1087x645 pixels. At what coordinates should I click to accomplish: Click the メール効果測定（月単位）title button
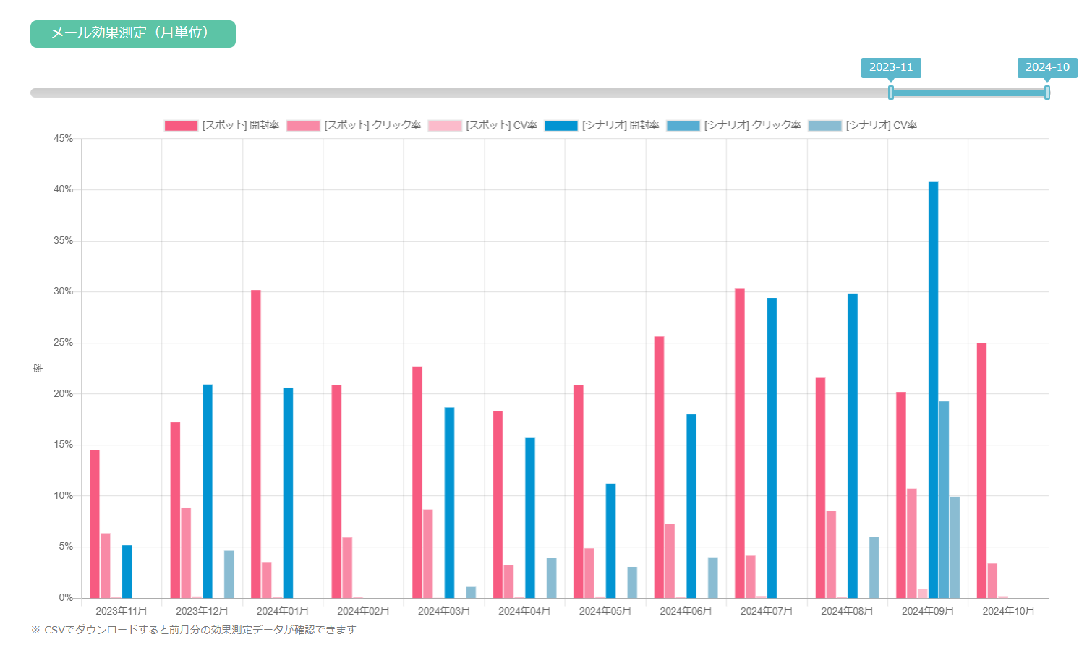coord(132,34)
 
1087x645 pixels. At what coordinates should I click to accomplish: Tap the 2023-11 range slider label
coord(891,67)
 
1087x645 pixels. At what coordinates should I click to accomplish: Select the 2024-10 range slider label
coord(1046,67)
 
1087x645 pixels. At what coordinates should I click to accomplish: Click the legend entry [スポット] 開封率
coord(221,126)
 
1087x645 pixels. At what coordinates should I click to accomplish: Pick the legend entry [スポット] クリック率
coord(354,126)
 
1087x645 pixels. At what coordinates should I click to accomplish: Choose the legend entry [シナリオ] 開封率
coord(602,126)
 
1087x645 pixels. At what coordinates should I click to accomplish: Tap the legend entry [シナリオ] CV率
coord(862,126)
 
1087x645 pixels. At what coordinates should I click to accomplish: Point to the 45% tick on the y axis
coord(64,138)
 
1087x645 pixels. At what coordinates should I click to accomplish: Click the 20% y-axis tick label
coord(64,394)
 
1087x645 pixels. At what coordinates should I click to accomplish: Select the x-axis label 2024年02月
coord(363,611)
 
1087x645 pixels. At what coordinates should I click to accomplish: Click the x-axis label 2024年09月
coord(927,611)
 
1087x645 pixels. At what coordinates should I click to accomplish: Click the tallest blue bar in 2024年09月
coord(933,390)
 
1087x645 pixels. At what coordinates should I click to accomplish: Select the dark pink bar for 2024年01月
coord(256,444)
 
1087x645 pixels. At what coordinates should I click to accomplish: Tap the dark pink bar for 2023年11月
coord(95,524)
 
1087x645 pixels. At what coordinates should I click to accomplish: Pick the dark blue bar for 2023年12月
coord(208,492)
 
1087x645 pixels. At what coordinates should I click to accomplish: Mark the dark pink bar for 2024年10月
coord(981,471)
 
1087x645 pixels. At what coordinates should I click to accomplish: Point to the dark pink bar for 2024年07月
coord(740,443)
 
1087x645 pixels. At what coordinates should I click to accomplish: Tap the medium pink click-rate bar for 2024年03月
coord(428,554)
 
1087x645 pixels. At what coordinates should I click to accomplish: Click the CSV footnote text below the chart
coord(194,630)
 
